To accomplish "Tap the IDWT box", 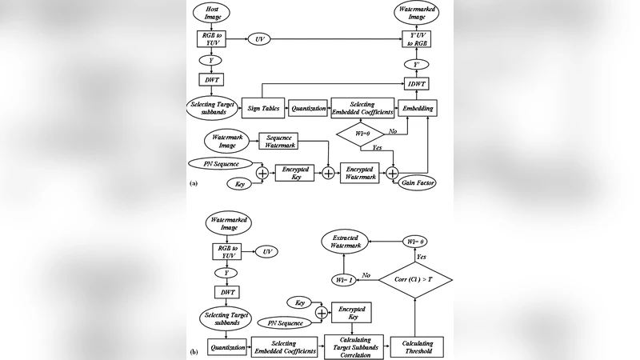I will (x=415, y=83).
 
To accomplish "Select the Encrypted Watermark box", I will (x=358, y=172).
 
